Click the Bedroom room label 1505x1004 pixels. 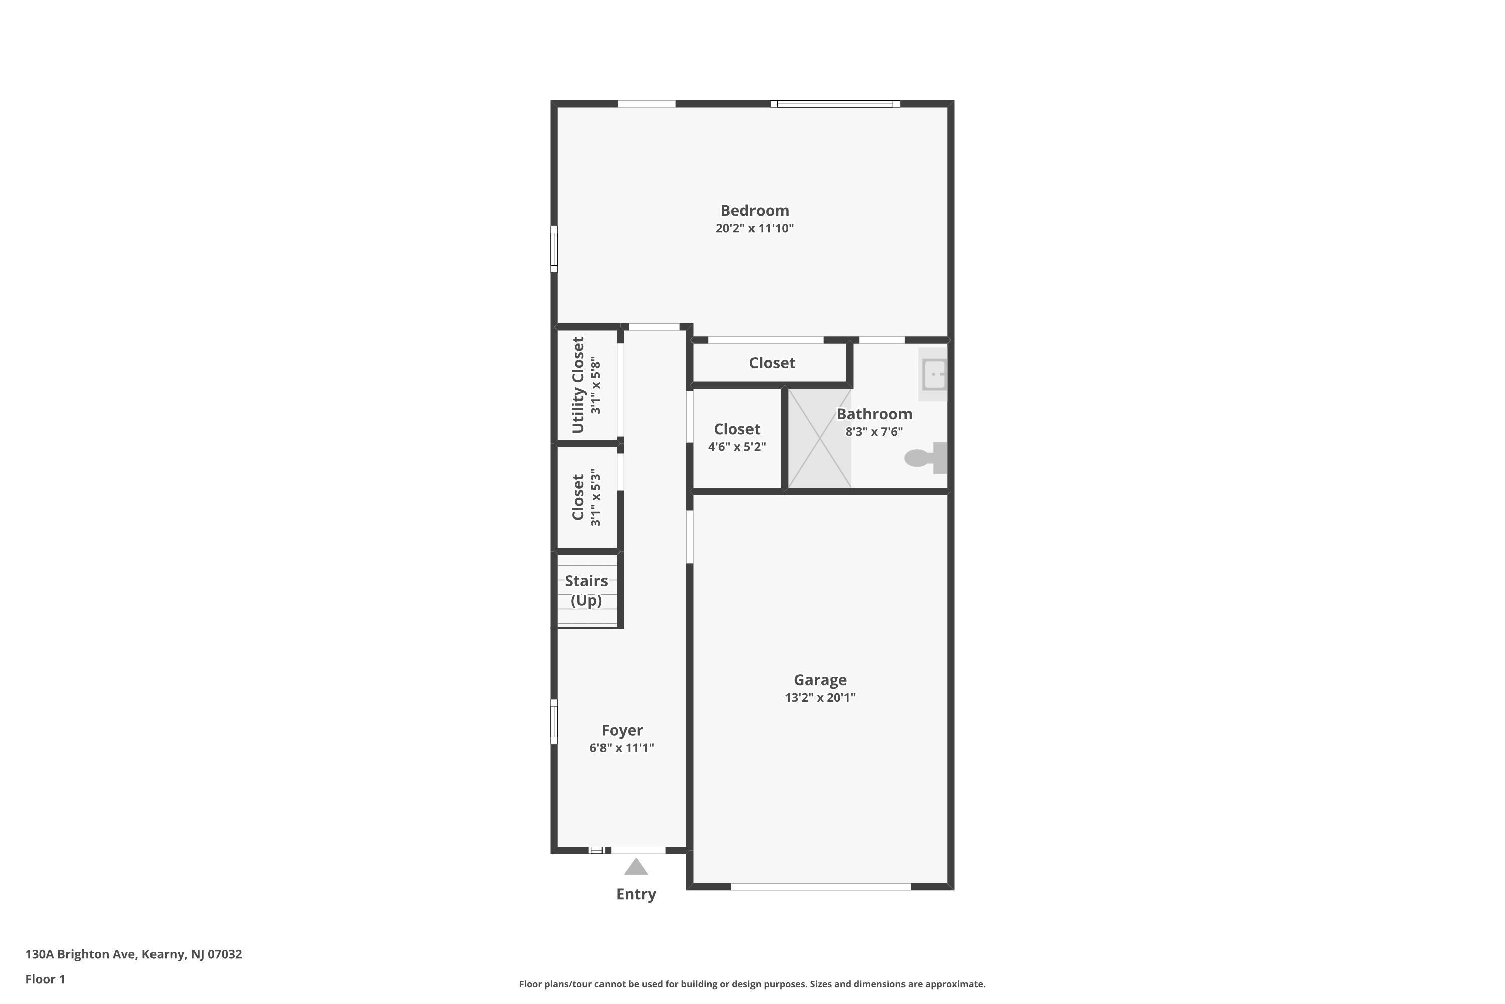pos(755,211)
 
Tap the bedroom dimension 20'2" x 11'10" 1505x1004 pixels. pos(755,228)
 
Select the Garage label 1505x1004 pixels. pos(820,680)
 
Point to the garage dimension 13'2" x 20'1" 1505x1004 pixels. pos(820,698)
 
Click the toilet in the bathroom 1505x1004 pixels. pos(925,458)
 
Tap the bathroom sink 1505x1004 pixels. pos(934,374)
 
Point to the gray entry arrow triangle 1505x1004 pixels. pos(636,867)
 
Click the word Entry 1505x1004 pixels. pos(636,895)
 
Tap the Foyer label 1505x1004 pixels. pos(622,730)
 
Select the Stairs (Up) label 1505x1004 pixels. pos(586,590)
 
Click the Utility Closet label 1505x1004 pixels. pos(578,385)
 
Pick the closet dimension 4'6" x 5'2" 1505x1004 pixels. pos(736,447)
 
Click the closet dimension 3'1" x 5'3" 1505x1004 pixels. pos(596,497)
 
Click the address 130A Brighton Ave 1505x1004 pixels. pos(81,954)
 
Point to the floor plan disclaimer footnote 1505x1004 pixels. pos(752,984)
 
